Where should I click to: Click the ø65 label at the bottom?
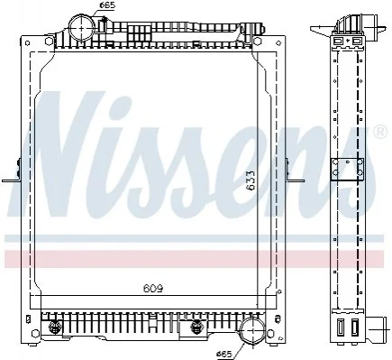[224, 355]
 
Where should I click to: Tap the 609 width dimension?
[153, 289]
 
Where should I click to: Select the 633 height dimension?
[250, 180]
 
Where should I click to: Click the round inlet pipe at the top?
[82, 27]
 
